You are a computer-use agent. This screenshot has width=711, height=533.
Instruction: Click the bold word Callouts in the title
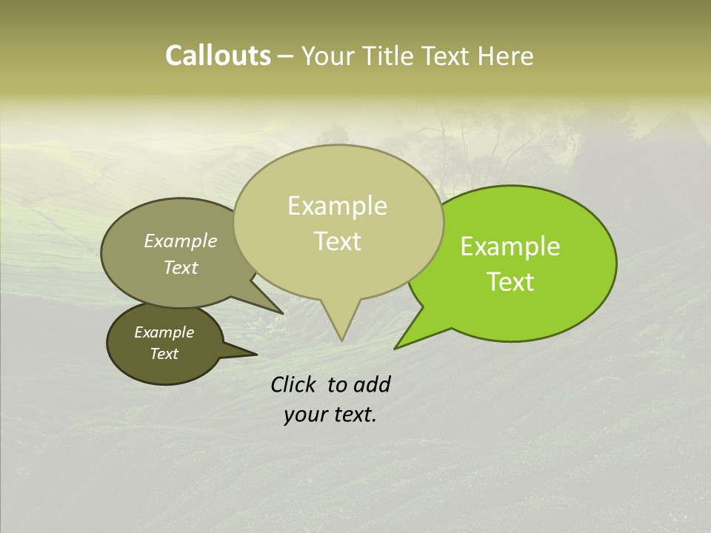[x=218, y=56]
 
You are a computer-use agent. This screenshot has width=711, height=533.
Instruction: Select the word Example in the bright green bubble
[x=510, y=247]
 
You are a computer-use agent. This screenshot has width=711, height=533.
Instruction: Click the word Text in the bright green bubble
[x=510, y=282]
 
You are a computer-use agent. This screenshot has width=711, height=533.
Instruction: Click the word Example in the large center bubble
[x=337, y=206]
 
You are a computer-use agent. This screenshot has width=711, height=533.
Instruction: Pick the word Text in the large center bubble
[x=337, y=241]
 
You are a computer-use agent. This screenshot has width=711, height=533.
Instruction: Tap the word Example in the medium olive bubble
[x=180, y=241]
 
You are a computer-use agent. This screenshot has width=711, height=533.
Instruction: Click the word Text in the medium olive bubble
[x=180, y=267]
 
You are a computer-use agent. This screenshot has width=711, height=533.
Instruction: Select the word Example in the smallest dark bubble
[x=164, y=332]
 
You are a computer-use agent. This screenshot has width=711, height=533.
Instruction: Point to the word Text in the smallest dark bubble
[x=164, y=354]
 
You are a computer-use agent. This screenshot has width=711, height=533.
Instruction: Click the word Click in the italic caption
[x=295, y=384]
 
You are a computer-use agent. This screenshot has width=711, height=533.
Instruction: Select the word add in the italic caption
[x=372, y=384]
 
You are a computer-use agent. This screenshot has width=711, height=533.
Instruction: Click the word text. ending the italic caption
[x=354, y=415]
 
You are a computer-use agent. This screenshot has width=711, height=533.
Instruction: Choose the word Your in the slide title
[x=327, y=56]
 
